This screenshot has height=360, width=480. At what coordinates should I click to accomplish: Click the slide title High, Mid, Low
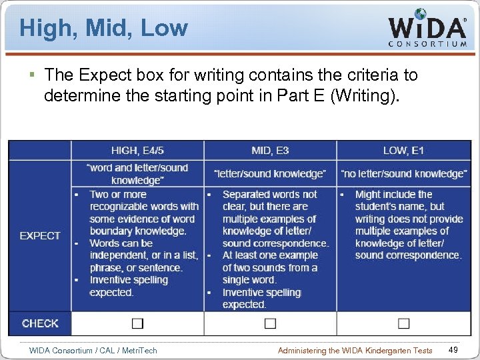[104, 28]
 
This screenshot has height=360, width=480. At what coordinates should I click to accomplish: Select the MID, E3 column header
[270, 150]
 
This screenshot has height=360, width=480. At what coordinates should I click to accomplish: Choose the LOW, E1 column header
[403, 150]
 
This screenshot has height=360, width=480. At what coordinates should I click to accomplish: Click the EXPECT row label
[40, 235]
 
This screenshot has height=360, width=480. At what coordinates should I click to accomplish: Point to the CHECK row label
[40, 323]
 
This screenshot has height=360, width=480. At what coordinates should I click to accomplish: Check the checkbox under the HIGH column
[137, 323]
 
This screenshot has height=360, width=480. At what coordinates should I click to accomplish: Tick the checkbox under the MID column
[270, 323]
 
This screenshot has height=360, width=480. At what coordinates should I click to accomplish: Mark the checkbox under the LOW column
[403, 323]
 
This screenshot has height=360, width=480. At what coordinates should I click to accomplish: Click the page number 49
[453, 350]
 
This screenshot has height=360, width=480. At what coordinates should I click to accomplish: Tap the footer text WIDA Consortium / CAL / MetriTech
[93, 350]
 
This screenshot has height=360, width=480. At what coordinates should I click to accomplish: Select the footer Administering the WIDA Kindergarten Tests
[355, 350]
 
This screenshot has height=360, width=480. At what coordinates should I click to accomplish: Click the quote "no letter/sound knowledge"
[404, 173]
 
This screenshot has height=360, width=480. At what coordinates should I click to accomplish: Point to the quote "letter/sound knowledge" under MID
[270, 173]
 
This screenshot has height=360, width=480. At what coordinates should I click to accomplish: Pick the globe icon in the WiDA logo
[421, 14]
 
